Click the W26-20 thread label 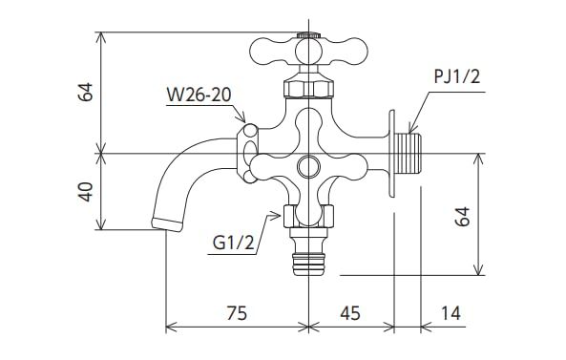198,95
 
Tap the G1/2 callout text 232,244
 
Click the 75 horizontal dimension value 237,314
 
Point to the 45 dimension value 350,314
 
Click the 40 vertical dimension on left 86,191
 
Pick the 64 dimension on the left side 86,93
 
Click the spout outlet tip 167,224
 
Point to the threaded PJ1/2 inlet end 410,153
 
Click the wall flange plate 391,153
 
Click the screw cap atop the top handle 305,35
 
